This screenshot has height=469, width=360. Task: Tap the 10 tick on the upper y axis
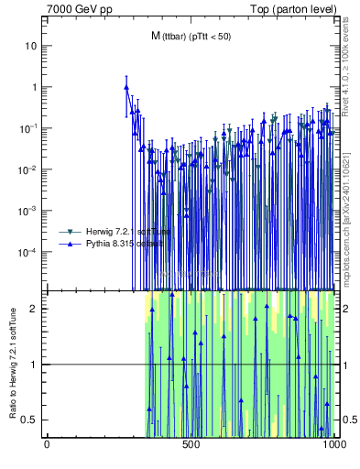point(34,46)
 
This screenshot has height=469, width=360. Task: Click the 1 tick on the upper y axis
point(36,87)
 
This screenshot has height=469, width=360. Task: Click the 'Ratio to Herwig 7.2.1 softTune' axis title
point(12,363)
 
